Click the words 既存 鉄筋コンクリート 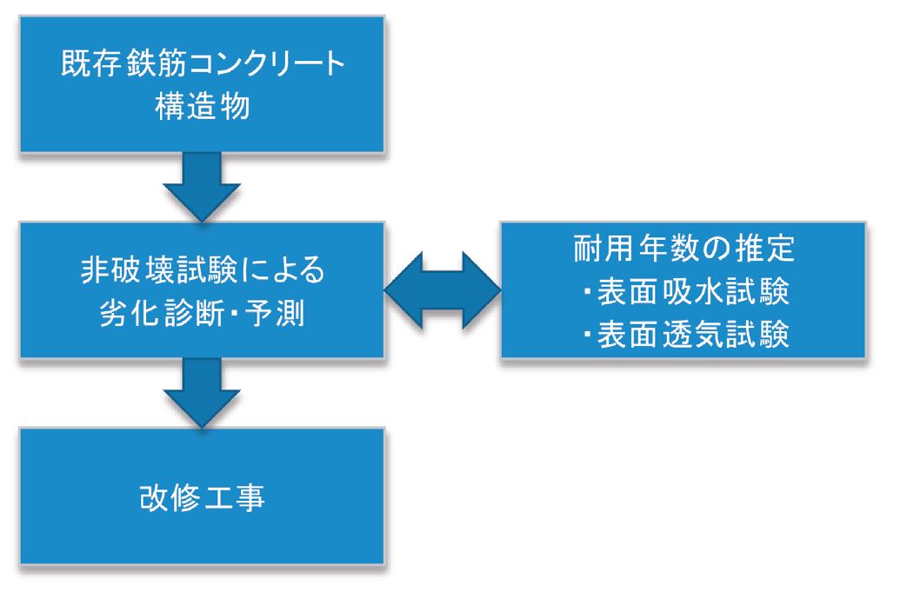click(x=203, y=63)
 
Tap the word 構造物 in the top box click(x=203, y=106)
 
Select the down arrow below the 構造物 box click(x=202, y=186)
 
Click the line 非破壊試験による click(x=203, y=269)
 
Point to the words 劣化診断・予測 click(x=202, y=313)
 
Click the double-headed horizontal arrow click(x=443, y=290)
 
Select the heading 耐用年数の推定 click(x=683, y=249)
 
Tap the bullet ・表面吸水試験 click(x=685, y=291)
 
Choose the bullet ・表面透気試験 click(x=685, y=335)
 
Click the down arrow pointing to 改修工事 click(x=202, y=393)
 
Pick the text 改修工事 click(x=202, y=497)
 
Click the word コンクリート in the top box click(x=267, y=63)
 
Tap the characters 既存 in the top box click(x=90, y=63)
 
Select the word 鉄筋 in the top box click(x=155, y=63)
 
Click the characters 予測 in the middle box click(x=276, y=313)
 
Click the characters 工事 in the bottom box click(x=234, y=497)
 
